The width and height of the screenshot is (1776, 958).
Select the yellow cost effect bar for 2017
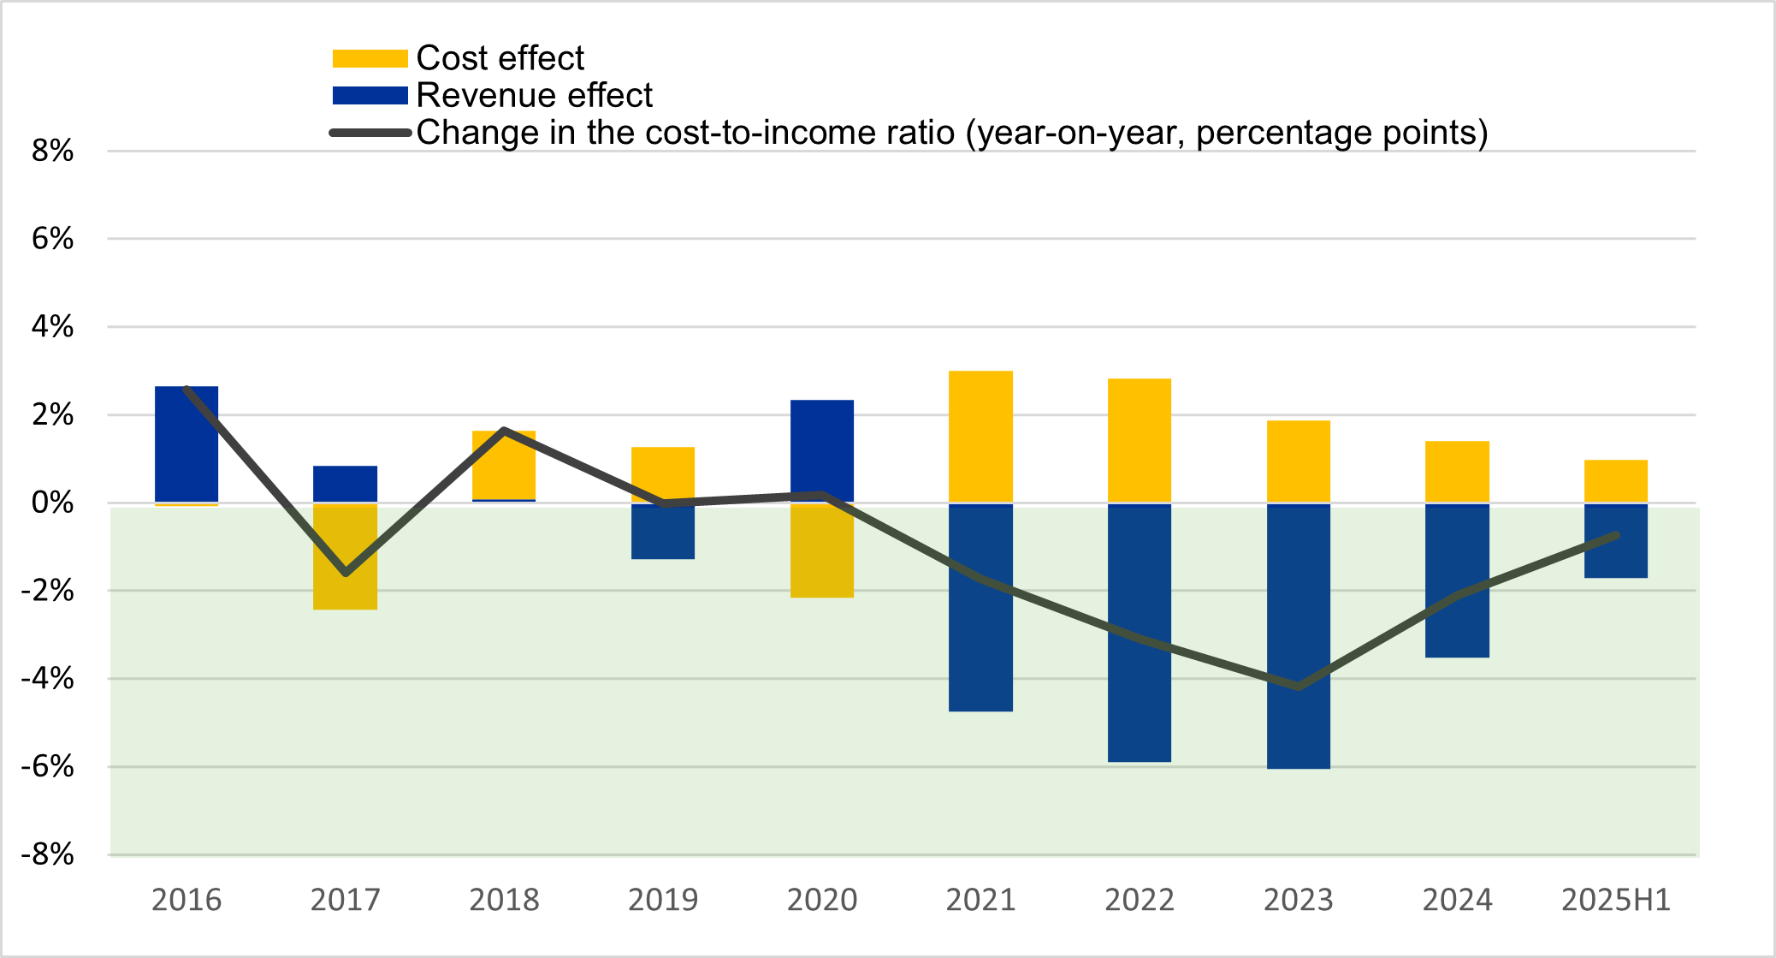(345, 556)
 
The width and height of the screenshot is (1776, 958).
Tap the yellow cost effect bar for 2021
(980, 436)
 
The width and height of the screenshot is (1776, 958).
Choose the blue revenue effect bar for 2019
(663, 532)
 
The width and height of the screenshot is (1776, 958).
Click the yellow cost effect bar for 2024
(1457, 471)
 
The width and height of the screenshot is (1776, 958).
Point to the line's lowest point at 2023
(1299, 687)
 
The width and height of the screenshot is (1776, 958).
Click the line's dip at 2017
(346, 573)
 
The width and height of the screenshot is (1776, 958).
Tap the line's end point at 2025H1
(1616, 535)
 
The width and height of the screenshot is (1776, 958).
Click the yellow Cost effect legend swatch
(370, 58)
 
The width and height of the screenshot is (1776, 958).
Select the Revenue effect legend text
(534, 95)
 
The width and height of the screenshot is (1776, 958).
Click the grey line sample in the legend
(370, 133)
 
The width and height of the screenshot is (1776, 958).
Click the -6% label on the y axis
(49, 766)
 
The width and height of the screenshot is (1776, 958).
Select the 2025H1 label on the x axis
(1615, 900)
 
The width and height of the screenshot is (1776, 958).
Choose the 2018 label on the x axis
(504, 900)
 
